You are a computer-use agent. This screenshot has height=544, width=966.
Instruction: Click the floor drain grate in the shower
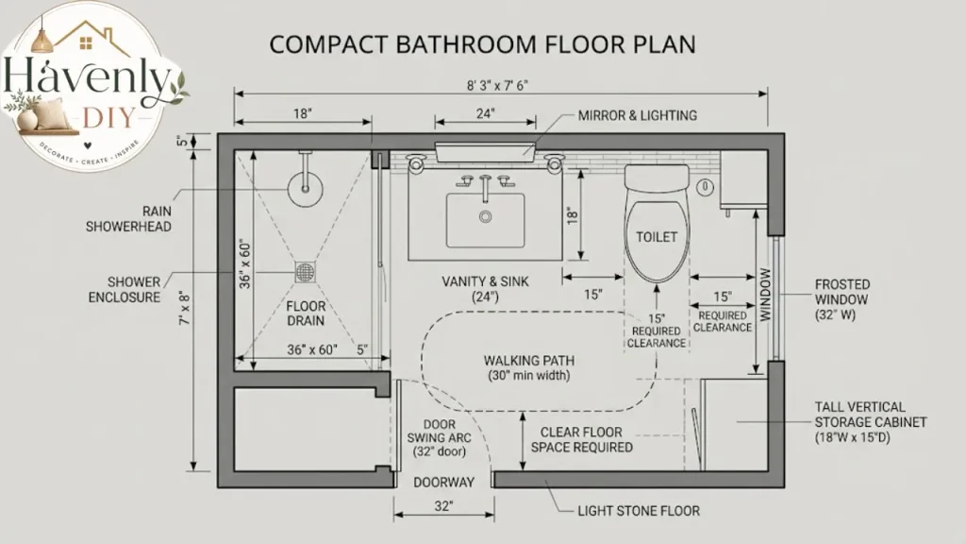(306, 272)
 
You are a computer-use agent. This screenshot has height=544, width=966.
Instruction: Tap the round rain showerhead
(305, 188)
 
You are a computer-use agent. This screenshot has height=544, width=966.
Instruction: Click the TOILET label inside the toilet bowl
(657, 237)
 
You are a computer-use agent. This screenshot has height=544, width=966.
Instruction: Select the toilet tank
(657, 177)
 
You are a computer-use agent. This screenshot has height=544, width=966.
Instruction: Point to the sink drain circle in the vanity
(486, 216)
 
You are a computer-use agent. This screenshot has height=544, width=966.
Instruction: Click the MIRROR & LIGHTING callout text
(638, 115)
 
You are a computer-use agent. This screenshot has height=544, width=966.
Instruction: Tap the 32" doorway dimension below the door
(443, 506)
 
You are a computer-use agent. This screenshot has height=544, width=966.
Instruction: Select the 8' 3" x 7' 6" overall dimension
(498, 85)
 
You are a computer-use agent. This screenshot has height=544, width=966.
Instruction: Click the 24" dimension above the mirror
(486, 113)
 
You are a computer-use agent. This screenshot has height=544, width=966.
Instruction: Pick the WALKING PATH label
(529, 360)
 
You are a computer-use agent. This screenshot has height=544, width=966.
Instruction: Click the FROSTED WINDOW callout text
(842, 299)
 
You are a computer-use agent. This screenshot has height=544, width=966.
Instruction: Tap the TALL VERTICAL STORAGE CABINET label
(871, 422)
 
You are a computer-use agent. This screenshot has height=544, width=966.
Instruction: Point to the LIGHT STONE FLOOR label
(639, 511)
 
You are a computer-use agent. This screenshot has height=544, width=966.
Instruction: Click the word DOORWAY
(443, 483)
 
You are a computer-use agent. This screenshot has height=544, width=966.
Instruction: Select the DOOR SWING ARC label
(440, 438)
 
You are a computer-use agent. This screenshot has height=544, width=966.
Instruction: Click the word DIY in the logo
(108, 116)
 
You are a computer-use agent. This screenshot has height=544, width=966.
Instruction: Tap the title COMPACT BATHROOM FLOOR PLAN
(483, 44)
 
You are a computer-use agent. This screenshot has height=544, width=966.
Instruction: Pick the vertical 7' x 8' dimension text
(185, 309)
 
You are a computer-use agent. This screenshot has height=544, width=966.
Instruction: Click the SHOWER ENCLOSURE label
(125, 289)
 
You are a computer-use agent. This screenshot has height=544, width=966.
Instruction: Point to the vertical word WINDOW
(765, 295)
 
